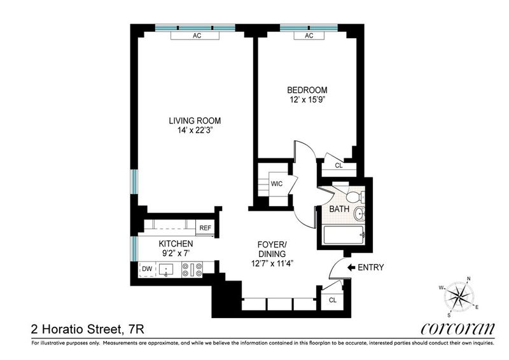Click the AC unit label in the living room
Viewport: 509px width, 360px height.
pos(197,36)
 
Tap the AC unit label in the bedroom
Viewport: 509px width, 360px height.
pos(309,36)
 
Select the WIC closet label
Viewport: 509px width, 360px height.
pos(277,184)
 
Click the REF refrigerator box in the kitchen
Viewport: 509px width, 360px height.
pos(205,228)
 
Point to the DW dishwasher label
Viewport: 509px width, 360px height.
pos(147,269)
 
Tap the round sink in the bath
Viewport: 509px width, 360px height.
pos(359,214)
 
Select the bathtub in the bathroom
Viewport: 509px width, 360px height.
pos(344,235)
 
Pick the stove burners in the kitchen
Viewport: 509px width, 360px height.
pos(192,270)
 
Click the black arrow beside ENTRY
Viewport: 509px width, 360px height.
pos(351,268)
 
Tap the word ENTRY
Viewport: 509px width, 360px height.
pos(371,268)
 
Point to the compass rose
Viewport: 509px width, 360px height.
pos(459,296)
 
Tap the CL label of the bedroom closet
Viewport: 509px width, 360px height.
pos(339,165)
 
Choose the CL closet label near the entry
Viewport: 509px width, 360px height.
pos(333,300)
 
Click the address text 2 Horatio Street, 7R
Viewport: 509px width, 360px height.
pos(88,330)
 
